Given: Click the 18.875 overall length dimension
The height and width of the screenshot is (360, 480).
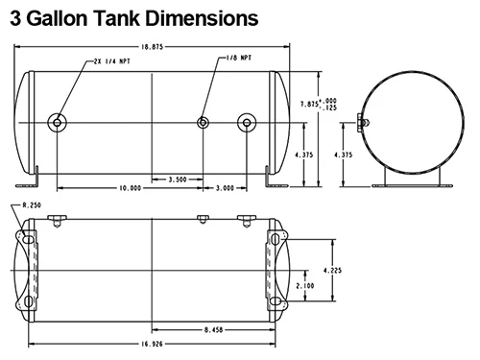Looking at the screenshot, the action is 153,47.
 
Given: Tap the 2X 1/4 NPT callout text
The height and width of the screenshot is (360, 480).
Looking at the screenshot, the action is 112,61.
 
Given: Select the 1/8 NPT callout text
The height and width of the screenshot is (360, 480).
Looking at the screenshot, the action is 239,58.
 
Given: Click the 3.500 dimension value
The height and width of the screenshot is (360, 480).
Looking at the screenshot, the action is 178,180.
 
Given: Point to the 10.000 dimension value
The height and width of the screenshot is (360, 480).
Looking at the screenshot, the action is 131,188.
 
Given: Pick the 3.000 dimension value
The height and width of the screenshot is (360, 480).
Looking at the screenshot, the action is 225,188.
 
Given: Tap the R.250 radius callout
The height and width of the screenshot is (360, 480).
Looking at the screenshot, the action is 32,205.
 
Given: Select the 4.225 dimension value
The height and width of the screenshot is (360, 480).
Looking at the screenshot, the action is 332,271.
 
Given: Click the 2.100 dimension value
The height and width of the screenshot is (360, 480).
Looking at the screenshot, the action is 305,286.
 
